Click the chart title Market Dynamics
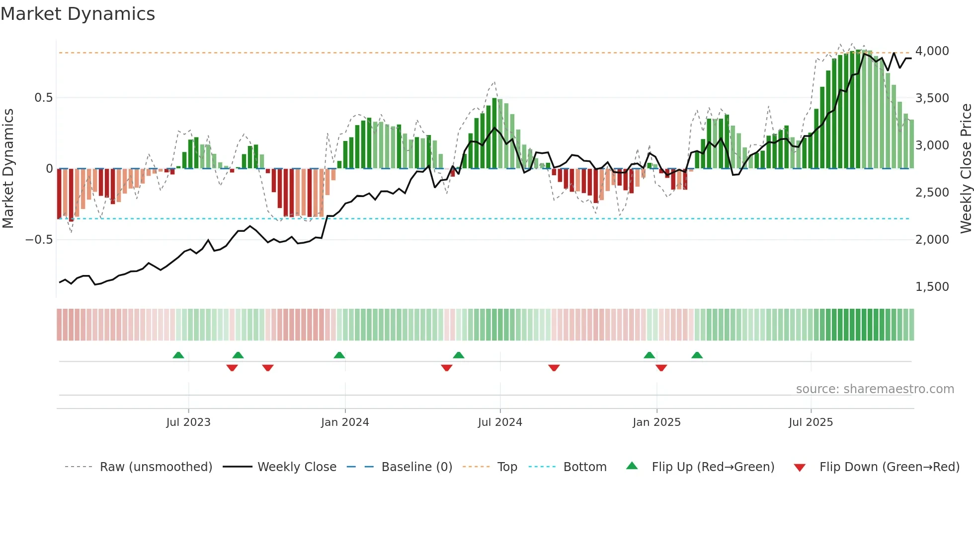[x=78, y=14]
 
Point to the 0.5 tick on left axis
[x=43, y=98]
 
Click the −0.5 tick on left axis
[x=39, y=240]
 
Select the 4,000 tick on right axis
[x=932, y=51]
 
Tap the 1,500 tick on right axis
[x=932, y=287]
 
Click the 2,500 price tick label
[x=932, y=193]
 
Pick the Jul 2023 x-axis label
[x=188, y=422]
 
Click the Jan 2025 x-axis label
[x=656, y=422]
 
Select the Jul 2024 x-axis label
[x=500, y=422]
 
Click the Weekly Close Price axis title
[x=966, y=169]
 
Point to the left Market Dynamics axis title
[x=8, y=169]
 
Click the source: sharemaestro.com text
[x=875, y=389]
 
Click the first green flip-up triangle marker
[x=178, y=355]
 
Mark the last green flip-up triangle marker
[x=697, y=355]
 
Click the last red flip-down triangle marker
[x=661, y=368]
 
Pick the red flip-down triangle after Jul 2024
[x=554, y=368]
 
